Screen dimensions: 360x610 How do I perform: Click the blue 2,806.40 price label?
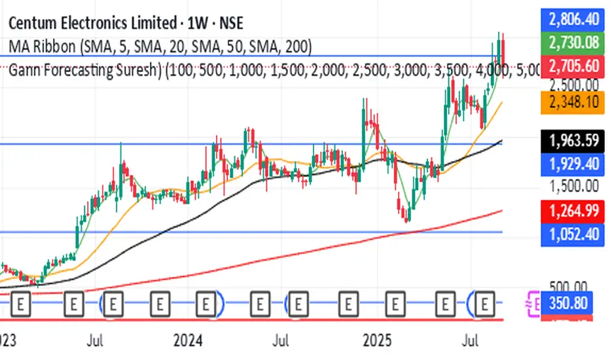coord(573,19)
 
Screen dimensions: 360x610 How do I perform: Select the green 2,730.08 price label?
coord(573,43)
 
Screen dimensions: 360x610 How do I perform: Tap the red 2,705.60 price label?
coord(573,65)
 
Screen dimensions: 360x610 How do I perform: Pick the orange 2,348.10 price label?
coord(573,103)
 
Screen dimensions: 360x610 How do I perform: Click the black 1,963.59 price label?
coord(573,140)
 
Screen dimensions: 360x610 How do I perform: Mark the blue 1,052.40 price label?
coord(573,232)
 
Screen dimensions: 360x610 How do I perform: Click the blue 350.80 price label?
coord(573,303)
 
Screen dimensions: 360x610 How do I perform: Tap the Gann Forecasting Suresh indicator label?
coord(85,70)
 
